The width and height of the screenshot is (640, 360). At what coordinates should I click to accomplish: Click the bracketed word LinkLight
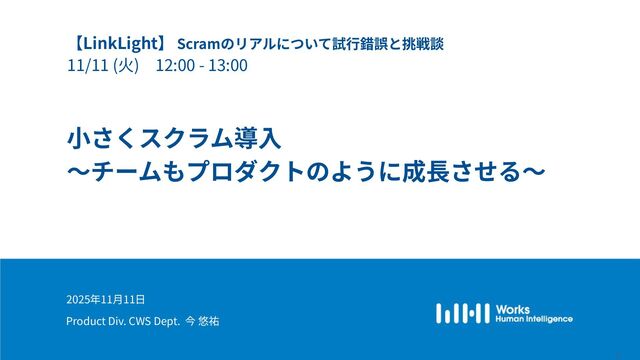119,44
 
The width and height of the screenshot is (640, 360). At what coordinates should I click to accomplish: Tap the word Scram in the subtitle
196,45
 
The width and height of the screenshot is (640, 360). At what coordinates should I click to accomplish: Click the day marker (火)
125,67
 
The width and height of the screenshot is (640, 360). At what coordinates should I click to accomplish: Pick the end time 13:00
228,67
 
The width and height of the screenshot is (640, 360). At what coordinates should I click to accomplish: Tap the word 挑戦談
427,45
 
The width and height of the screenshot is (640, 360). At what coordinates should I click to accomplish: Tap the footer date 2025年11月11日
106,299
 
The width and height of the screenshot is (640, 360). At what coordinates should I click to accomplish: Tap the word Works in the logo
513,308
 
